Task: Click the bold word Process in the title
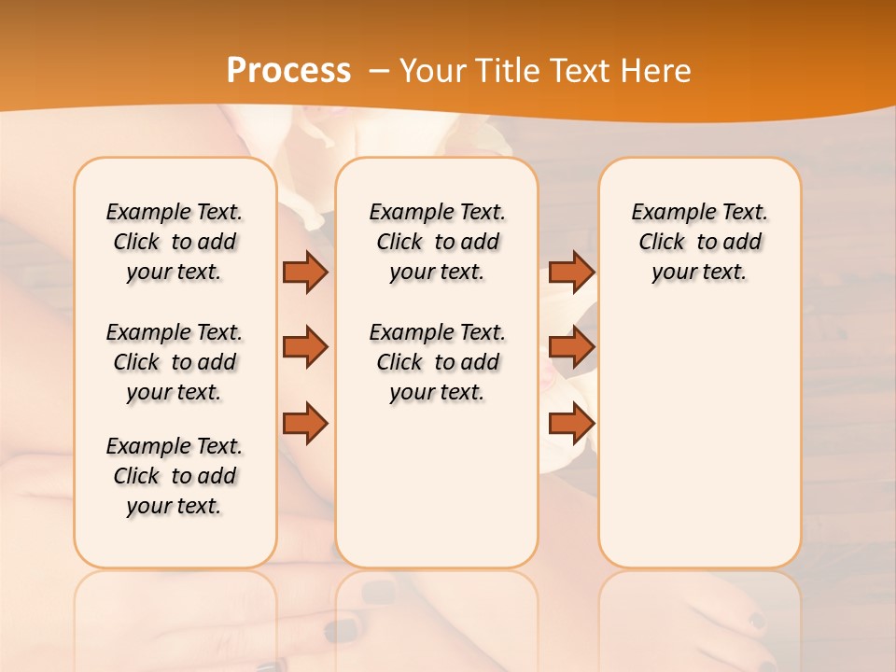(288, 71)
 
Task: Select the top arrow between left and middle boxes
(305, 272)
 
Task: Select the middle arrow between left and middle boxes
(305, 347)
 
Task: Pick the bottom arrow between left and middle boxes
(305, 424)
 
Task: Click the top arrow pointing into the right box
(571, 272)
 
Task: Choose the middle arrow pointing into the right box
(571, 347)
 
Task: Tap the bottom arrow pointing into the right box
(571, 424)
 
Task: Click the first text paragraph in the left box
(175, 242)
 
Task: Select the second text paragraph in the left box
(175, 362)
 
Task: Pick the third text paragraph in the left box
(175, 476)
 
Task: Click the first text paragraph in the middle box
(437, 242)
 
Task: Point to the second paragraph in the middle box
(437, 362)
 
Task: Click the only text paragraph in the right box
(699, 242)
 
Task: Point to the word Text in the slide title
(581, 71)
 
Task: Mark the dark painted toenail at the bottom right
(757, 620)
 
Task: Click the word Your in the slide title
(434, 71)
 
